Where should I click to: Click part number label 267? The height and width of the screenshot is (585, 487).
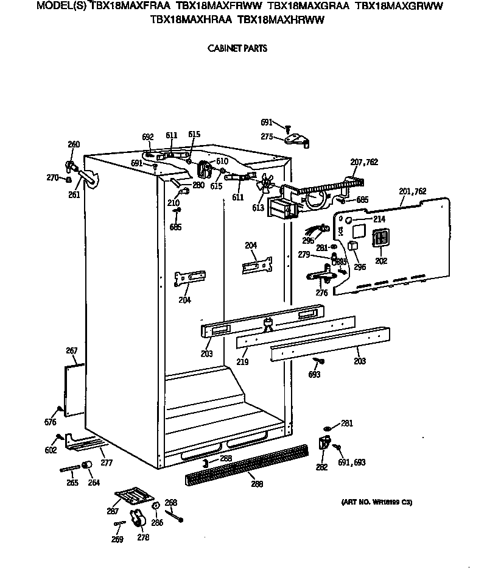click(x=72, y=350)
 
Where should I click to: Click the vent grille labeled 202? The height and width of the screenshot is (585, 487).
click(x=382, y=238)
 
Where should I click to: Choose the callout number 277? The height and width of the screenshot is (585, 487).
click(x=107, y=463)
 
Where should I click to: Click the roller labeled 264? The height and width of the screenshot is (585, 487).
click(x=87, y=467)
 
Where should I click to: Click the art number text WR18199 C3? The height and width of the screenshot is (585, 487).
click(x=376, y=502)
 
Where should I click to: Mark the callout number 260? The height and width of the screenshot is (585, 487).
click(x=73, y=144)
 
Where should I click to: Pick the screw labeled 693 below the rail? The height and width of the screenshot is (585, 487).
click(x=321, y=361)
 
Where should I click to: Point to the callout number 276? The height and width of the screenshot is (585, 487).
click(x=321, y=292)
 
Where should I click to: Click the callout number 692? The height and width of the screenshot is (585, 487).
click(x=147, y=136)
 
